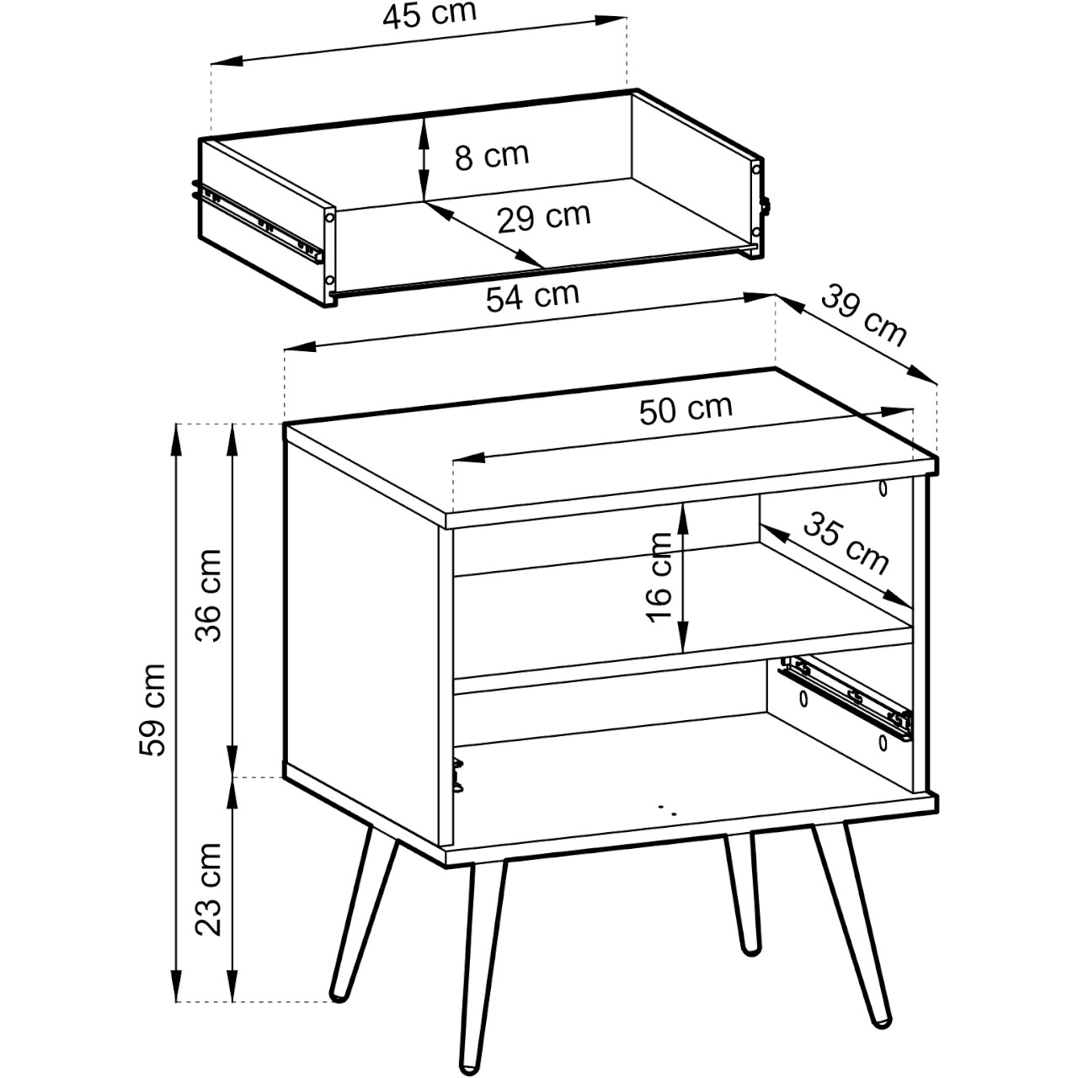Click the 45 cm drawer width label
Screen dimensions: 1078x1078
click(x=430, y=14)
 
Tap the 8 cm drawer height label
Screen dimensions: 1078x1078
click(x=492, y=156)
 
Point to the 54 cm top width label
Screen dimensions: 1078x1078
click(x=532, y=296)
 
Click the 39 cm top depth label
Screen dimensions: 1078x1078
click(x=863, y=315)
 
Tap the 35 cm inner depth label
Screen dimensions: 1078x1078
click(x=846, y=543)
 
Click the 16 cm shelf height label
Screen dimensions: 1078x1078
click(x=659, y=578)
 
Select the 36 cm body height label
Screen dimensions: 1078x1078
click(x=208, y=595)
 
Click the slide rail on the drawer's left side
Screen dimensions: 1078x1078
click(x=258, y=221)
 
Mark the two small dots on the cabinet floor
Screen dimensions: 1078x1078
click(x=666, y=810)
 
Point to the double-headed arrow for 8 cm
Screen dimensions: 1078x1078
click(x=424, y=158)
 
